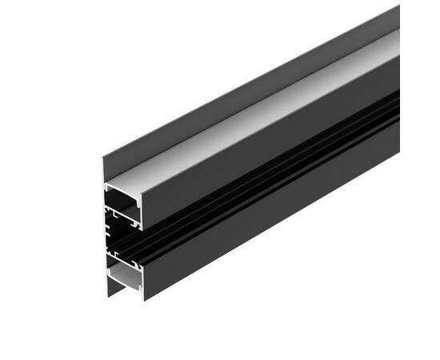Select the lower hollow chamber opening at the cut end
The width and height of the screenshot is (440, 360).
pyautogui.click(x=124, y=276)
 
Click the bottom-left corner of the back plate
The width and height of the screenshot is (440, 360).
pyautogui.click(x=109, y=297)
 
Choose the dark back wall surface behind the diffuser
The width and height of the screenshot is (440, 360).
pyautogui.click(x=240, y=88)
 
